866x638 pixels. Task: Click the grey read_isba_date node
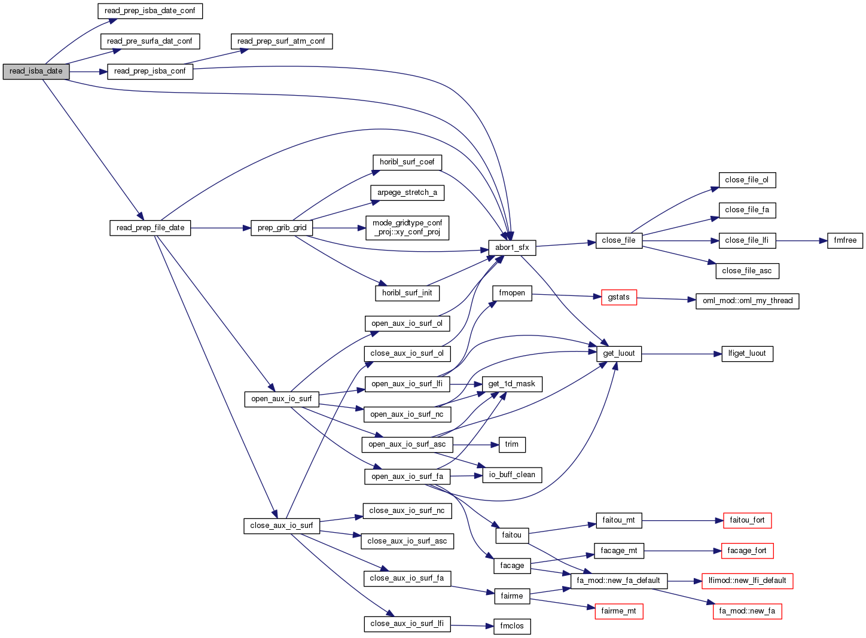point(36,71)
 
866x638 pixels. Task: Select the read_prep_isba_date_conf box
point(150,11)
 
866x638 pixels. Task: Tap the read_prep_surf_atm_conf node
point(281,41)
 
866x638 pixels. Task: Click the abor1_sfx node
point(512,248)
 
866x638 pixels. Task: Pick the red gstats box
point(619,297)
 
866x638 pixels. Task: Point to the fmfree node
point(845,240)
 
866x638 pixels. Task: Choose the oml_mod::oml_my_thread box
point(747,301)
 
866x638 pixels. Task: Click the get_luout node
point(619,353)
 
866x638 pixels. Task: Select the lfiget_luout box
point(747,353)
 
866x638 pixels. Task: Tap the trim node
point(512,444)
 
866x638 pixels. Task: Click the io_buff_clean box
point(512,475)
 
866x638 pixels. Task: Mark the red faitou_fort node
point(747,520)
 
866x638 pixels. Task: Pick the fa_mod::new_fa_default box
point(618,581)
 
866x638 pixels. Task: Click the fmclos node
point(512,626)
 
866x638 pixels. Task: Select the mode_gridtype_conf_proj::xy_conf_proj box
point(407,228)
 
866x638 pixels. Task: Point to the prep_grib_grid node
point(282,228)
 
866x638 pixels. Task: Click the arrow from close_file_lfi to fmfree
point(801,240)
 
